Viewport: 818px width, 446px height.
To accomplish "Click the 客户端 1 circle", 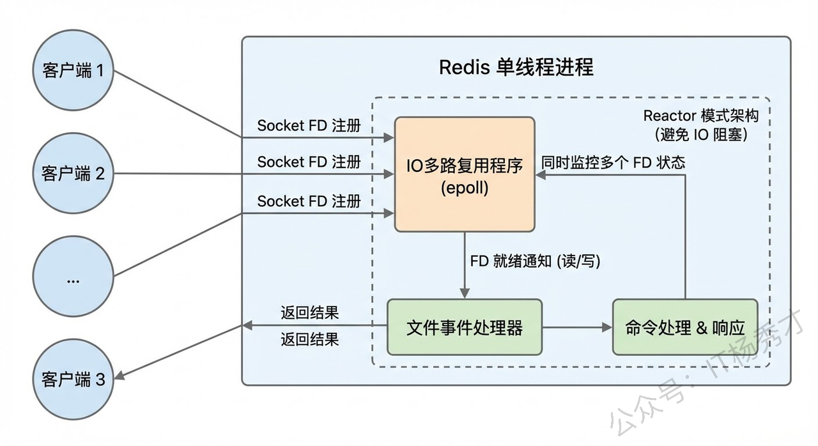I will click(x=73, y=70).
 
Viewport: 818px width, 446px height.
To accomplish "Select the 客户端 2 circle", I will click(x=73, y=173).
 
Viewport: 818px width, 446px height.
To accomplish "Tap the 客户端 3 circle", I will click(x=73, y=379).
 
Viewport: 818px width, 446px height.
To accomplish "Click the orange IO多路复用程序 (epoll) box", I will click(x=465, y=174).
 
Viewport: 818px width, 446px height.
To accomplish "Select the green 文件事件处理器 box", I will click(x=465, y=328).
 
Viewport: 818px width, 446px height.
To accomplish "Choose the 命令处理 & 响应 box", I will click(x=684, y=328).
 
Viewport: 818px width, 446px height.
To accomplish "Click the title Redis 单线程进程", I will click(x=516, y=67).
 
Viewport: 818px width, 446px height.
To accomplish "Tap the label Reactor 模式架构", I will click(x=700, y=116).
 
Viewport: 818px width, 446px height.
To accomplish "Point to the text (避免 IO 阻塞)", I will click(x=700, y=135).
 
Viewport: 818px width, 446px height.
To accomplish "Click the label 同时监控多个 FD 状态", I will click(x=613, y=162).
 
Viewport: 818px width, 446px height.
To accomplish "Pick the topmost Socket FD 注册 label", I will click(x=309, y=125).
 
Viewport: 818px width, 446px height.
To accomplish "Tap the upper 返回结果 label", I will click(x=309, y=312).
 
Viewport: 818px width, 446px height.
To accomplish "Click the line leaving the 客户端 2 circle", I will click(x=192, y=174).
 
